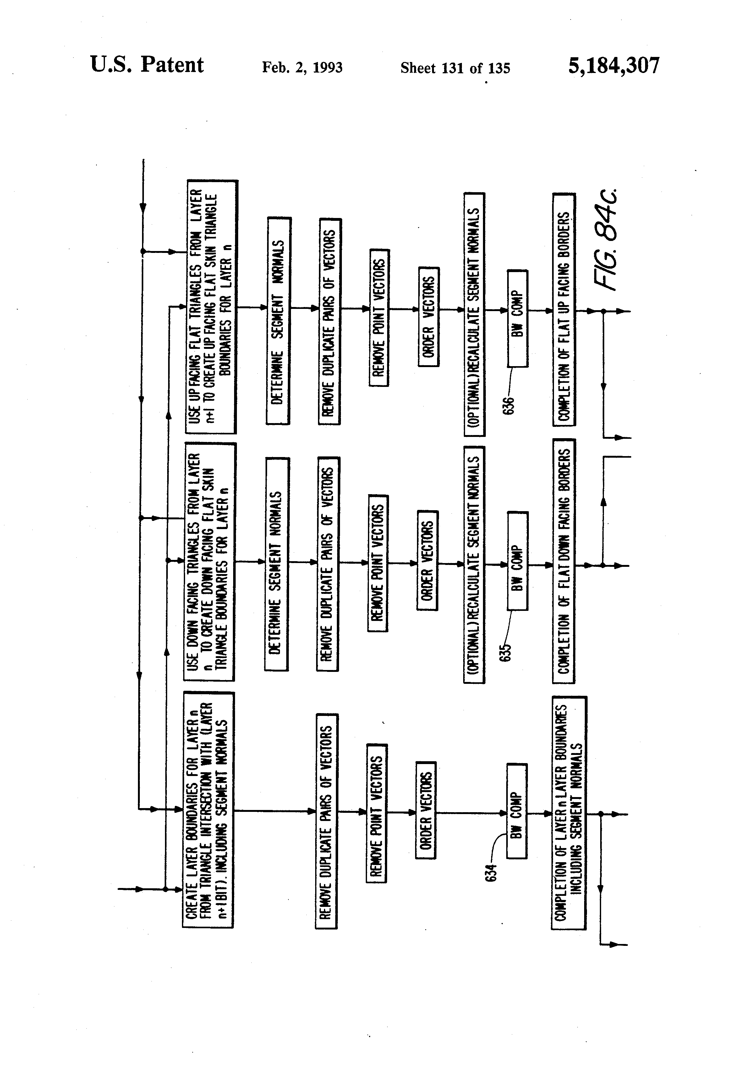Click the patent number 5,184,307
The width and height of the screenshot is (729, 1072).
[613, 65]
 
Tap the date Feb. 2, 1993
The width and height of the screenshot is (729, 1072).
[302, 68]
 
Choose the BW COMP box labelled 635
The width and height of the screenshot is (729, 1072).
[517, 561]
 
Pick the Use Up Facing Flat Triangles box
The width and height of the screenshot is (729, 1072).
[211, 307]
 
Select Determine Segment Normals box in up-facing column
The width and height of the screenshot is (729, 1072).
[278, 320]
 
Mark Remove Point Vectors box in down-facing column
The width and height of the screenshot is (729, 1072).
[377, 563]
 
